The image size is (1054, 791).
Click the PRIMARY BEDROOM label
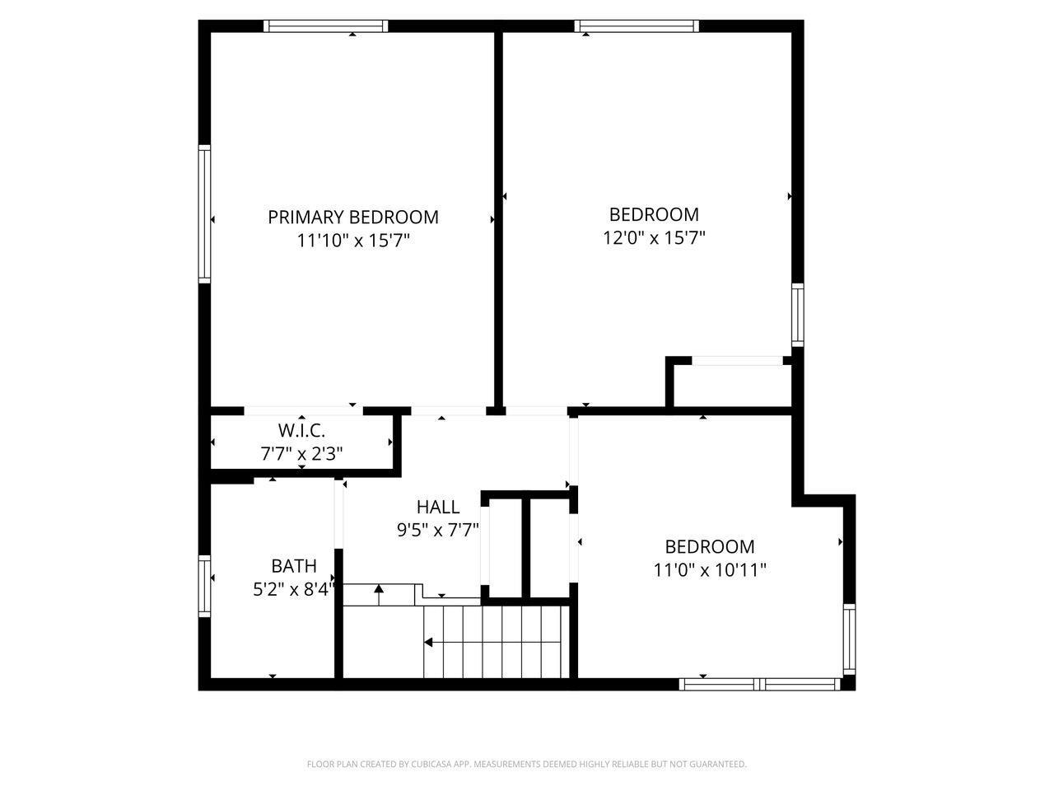[x=352, y=217]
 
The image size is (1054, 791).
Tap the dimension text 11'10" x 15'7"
[x=352, y=241]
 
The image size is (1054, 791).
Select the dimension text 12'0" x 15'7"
[x=654, y=238]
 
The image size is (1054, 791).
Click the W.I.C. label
[x=301, y=430]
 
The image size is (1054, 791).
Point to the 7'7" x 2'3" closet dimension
[x=301, y=453]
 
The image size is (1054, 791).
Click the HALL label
[x=437, y=507]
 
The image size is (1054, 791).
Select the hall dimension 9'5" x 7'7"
[x=437, y=530]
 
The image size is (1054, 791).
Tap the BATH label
[x=294, y=566]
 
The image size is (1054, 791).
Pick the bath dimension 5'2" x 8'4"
[x=294, y=589]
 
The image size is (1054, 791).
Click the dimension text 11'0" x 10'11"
[x=710, y=569]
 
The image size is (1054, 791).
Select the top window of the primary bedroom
[x=325, y=26]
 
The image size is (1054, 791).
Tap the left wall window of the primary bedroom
[x=204, y=214]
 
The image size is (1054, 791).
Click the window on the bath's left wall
[x=204, y=586]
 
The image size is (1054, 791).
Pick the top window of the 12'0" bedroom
[x=637, y=26]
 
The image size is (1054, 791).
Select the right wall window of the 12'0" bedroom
[x=797, y=314]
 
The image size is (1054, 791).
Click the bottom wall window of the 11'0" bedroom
[x=759, y=684]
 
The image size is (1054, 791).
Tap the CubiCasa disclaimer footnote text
[x=526, y=765]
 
